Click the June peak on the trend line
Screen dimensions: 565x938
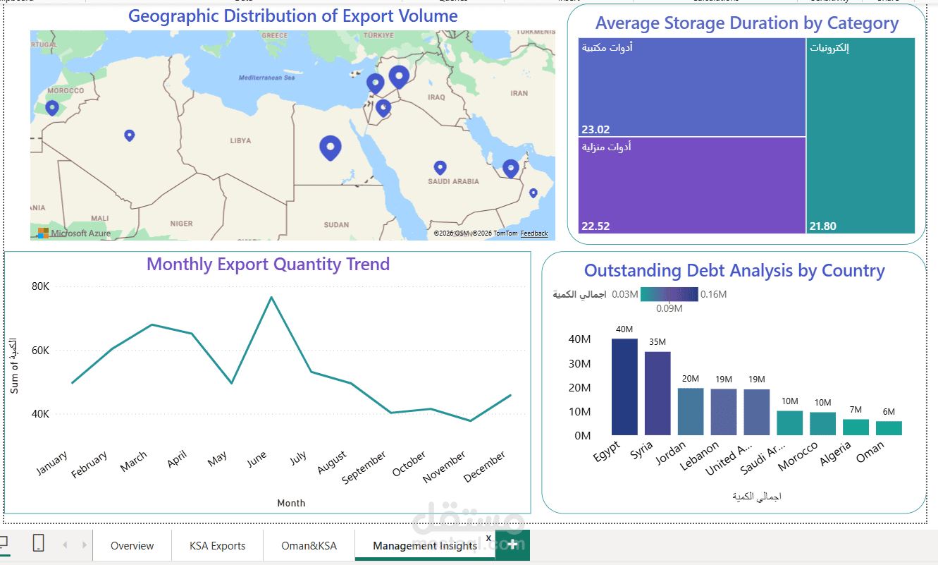coord(271,297)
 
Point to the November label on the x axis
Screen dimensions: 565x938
coord(445,467)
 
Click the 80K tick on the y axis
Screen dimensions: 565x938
coord(40,286)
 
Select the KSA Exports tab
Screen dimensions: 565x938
coord(217,545)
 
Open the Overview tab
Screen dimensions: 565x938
coord(132,545)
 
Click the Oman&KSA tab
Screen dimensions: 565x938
coord(308,545)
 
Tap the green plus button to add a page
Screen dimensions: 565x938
coord(512,545)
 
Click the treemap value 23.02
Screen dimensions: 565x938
coord(595,129)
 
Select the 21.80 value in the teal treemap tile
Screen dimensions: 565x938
coord(823,226)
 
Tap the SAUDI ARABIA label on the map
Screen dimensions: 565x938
coord(453,181)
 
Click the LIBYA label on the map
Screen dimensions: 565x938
coord(240,140)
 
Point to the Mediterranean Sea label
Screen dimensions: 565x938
coord(266,78)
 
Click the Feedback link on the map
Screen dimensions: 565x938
coord(533,233)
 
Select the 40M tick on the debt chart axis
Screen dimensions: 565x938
coord(579,339)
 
